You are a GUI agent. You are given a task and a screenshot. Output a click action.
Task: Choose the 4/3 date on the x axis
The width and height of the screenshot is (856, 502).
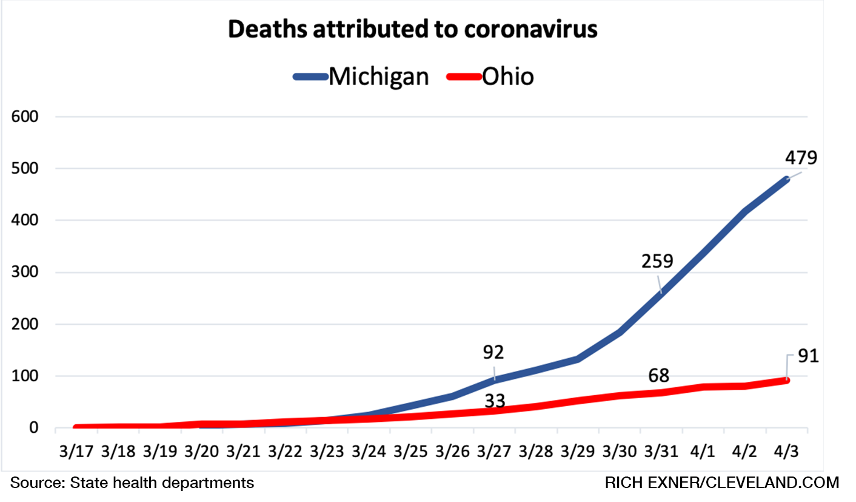click(787, 453)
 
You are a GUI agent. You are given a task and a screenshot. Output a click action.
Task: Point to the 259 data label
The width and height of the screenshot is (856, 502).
click(657, 262)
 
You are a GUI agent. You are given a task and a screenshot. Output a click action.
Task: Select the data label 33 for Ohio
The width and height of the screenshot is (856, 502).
click(495, 401)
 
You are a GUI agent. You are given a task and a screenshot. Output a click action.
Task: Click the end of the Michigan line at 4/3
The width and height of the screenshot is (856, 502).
click(787, 179)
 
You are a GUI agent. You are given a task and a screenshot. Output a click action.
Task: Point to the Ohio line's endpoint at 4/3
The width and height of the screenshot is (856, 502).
click(787, 381)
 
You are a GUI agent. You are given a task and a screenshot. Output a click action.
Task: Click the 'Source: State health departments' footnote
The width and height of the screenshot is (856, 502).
click(132, 483)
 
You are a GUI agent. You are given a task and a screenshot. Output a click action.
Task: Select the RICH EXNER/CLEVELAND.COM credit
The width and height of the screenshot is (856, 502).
click(722, 483)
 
